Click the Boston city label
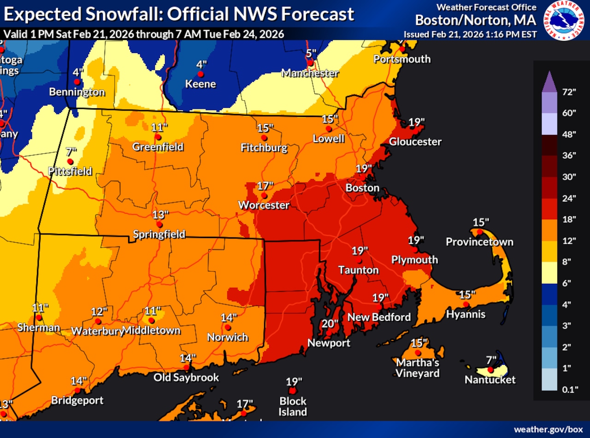363,188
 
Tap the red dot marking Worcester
264,195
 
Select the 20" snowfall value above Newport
330,323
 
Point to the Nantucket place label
490,380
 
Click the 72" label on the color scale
570,92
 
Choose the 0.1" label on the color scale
570,389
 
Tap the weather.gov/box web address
548,429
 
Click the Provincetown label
479,242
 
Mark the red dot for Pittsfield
70,162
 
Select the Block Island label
292,406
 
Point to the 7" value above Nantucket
491,359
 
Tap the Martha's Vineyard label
417,368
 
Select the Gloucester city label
415,142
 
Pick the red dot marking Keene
201,74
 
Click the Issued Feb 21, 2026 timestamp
470,35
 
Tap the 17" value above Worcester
265,185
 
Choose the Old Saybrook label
186,378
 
